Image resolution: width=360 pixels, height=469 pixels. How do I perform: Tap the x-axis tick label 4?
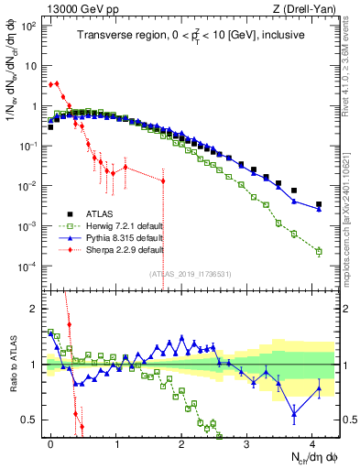(312, 442)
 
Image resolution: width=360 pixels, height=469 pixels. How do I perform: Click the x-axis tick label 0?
(50, 442)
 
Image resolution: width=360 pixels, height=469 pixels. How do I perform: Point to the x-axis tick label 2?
(181, 442)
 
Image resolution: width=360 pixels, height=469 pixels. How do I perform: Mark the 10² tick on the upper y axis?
(30, 27)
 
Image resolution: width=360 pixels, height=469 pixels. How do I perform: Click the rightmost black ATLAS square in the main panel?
(319, 204)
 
